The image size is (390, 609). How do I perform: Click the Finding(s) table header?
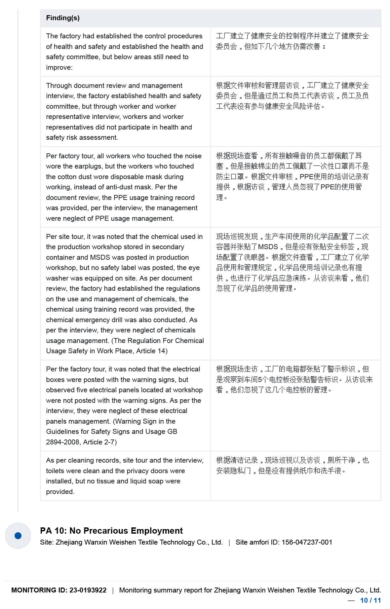[63, 18]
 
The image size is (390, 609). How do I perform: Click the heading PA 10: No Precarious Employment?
[111, 531]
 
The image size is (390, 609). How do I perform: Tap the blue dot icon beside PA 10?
[18, 536]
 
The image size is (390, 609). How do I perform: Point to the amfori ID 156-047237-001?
[307, 542]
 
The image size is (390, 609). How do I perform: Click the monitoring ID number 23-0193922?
[88, 590]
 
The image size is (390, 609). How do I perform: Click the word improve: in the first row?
[59, 67]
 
